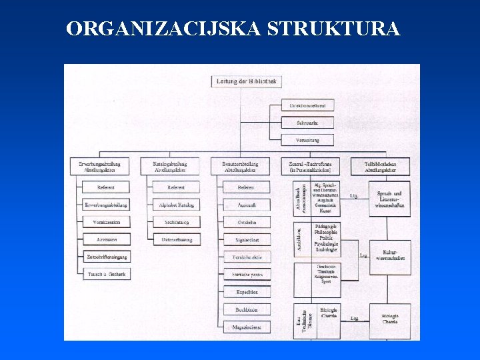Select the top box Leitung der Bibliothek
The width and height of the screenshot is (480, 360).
[246, 81]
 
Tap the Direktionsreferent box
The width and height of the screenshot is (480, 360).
[307, 105]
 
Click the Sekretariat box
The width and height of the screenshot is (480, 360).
[307, 123]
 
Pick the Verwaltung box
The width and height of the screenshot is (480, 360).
[307, 140]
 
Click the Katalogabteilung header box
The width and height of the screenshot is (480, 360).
[170, 167]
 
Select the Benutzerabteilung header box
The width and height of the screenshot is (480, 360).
[241, 167]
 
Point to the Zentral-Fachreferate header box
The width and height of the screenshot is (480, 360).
[311, 167]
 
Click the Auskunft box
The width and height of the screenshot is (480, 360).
[247, 204]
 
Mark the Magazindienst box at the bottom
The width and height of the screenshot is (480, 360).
[247, 327]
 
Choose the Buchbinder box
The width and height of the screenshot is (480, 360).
[247, 310]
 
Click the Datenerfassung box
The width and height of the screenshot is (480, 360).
[177, 239]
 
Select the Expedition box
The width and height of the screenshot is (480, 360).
[247, 292]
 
